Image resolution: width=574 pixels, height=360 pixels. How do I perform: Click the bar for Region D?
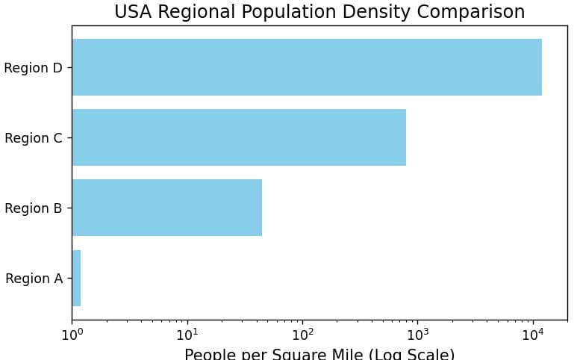(x=306, y=67)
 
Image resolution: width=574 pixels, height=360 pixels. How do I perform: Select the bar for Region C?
(x=239, y=137)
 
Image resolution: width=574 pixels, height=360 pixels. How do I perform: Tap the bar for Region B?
(x=166, y=208)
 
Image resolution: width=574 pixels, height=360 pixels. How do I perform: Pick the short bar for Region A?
(x=76, y=278)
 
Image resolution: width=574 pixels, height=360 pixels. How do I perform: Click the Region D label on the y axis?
(x=33, y=68)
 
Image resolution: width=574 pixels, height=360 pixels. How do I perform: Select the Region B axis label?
(x=33, y=208)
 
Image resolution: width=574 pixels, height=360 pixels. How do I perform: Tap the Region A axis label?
(x=34, y=279)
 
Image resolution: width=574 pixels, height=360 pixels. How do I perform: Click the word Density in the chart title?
(x=388, y=12)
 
